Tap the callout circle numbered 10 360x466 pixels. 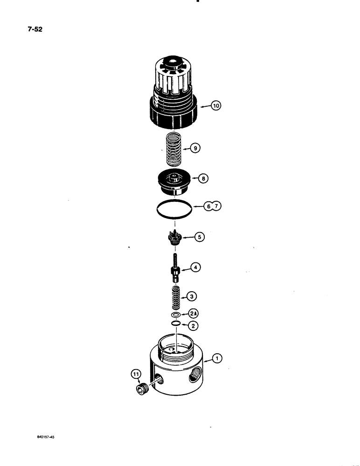pos(215,106)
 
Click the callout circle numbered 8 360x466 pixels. pos(204,178)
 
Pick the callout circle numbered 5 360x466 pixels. pos(200,237)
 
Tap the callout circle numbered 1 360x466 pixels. pos(217,358)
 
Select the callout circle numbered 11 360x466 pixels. pos(136,373)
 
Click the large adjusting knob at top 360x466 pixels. pos(175,91)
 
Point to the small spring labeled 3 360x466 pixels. pos(176,297)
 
